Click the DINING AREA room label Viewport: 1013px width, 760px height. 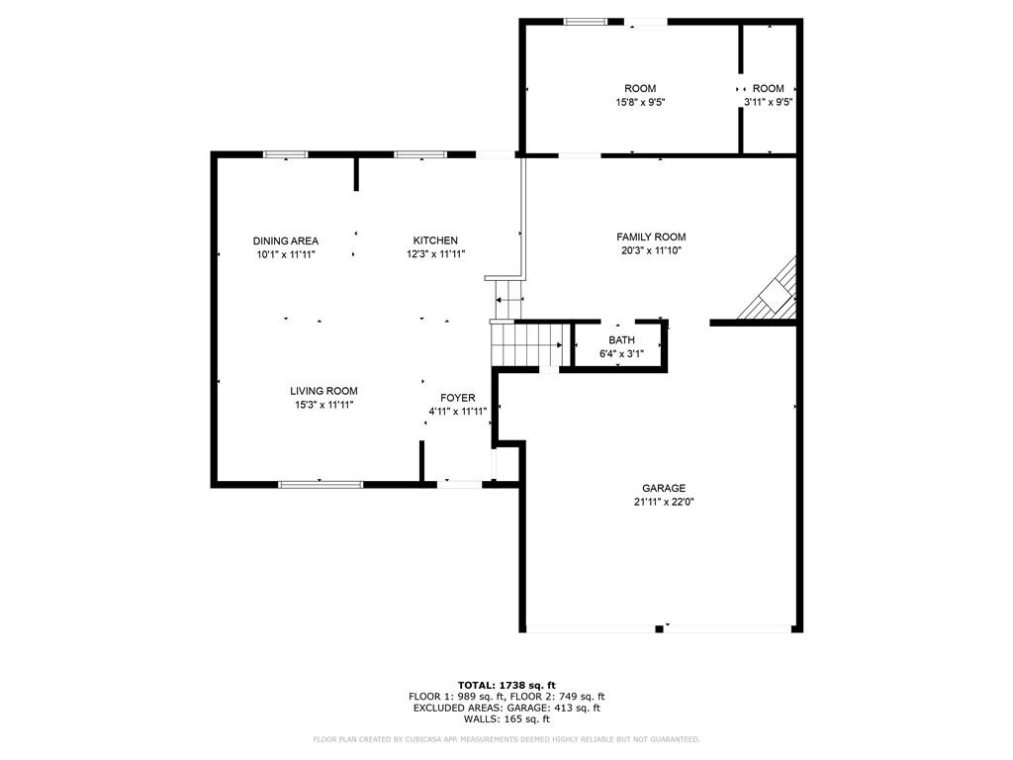285,240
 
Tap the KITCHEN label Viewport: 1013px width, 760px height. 435,240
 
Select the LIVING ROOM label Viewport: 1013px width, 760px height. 323,391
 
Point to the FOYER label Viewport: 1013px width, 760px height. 458,398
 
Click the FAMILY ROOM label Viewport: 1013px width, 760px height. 651,237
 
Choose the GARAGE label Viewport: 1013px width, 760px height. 663,488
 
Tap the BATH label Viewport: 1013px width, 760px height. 621,340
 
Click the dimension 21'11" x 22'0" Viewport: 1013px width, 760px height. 663,502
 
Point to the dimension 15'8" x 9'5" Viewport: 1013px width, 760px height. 640,102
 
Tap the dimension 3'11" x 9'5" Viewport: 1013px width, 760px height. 768,102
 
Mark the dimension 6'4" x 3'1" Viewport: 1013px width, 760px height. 621,353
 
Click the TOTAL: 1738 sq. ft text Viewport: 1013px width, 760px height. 506,685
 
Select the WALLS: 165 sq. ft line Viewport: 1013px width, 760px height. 506,720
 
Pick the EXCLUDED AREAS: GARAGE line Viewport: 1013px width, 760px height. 506,709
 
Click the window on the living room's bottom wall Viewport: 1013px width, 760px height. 321,484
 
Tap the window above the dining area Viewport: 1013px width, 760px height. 285,154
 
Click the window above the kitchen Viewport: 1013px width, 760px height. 419,154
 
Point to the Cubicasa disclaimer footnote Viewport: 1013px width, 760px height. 506,739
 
